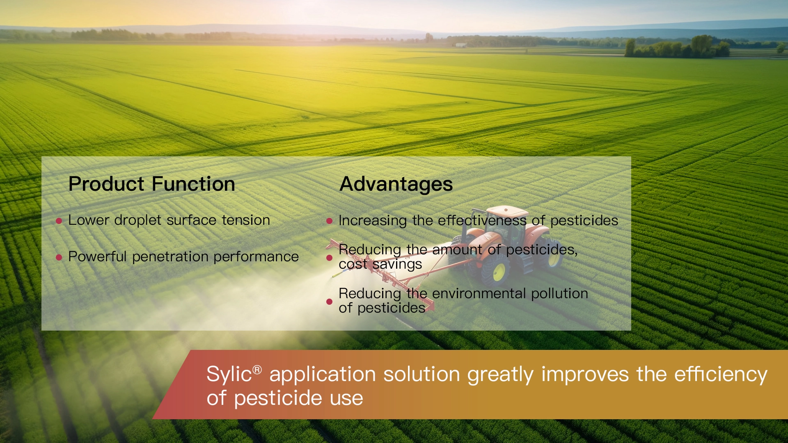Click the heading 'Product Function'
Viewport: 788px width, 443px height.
click(x=151, y=184)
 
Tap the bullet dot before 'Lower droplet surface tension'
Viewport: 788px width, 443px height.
click(x=59, y=221)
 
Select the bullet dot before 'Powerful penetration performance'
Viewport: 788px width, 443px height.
click(x=59, y=258)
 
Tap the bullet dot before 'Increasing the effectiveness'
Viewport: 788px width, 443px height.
click(x=329, y=221)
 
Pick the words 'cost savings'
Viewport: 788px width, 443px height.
click(x=380, y=265)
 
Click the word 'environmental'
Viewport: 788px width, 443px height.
click(x=479, y=294)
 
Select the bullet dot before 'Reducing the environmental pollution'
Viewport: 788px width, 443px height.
click(x=329, y=301)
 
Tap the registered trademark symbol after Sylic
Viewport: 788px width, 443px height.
click(x=257, y=370)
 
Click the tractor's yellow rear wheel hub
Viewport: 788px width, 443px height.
click(x=499, y=272)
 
